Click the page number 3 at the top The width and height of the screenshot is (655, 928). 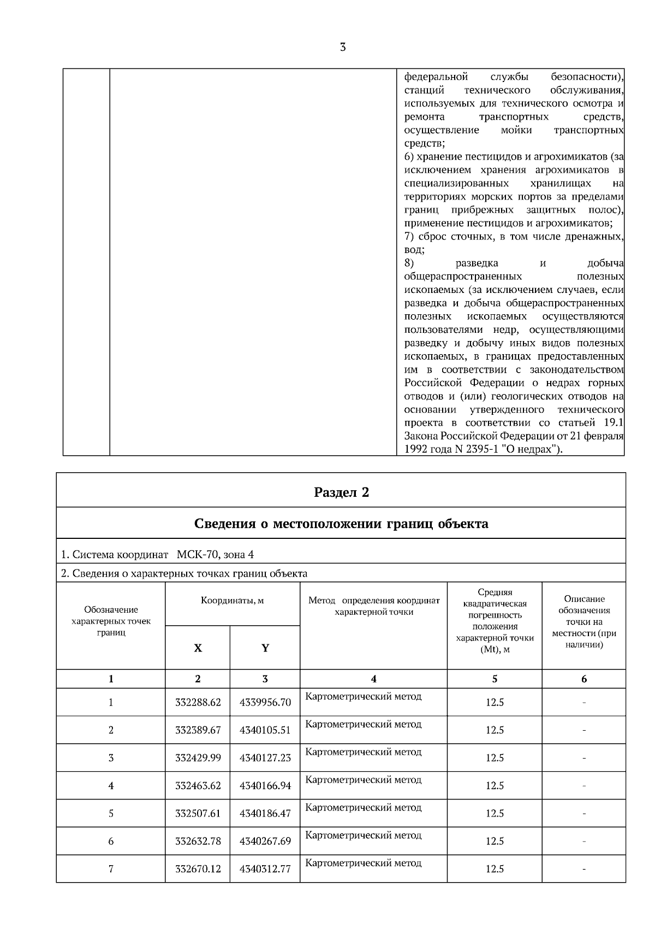(x=342, y=48)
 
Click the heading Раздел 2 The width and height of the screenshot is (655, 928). (x=341, y=492)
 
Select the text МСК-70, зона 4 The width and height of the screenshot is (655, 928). (x=215, y=555)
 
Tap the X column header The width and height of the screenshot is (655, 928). (x=198, y=648)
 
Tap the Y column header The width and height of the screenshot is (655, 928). (x=265, y=648)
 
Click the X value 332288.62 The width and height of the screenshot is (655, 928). (x=198, y=702)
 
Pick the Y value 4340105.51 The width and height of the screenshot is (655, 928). (x=265, y=730)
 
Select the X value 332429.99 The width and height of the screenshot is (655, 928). (x=198, y=758)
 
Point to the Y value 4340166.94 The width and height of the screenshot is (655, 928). (x=265, y=786)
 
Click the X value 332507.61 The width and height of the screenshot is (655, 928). (x=198, y=814)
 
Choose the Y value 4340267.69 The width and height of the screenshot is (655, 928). (x=265, y=842)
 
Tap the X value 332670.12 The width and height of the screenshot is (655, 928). (x=198, y=869)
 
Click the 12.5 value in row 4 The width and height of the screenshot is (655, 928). (x=495, y=786)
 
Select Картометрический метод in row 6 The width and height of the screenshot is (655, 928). (x=364, y=835)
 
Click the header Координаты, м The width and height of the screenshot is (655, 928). (x=232, y=601)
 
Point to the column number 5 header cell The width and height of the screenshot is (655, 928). (x=495, y=679)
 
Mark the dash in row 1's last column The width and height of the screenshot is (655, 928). (x=584, y=702)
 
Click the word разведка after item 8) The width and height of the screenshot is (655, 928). (x=477, y=263)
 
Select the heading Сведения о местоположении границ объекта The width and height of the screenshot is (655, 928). (x=341, y=524)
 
